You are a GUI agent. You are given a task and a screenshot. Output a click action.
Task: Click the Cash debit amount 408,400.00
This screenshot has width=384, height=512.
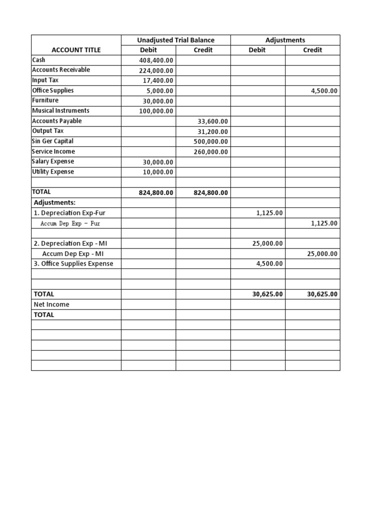(x=156, y=60)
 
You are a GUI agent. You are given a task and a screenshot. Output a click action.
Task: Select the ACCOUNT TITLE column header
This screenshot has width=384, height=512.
(x=76, y=50)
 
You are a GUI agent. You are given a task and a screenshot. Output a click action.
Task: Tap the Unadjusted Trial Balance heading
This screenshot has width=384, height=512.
(x=175, y=40)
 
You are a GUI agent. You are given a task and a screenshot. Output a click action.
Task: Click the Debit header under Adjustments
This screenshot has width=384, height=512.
(x=257, y=50)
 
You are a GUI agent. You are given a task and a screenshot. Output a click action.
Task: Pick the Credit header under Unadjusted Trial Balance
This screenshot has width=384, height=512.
(x=202, y=50)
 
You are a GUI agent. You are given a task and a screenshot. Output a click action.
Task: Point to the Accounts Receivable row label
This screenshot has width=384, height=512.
(x=61, y=70)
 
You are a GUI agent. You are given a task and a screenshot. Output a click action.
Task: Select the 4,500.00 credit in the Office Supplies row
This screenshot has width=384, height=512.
(x=321, y=91)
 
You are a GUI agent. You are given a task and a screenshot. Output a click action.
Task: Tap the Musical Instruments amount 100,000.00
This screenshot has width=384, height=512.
(x=156, y=111)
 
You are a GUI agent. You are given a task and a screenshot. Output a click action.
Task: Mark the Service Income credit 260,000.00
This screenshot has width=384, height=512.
(x=210, y=152)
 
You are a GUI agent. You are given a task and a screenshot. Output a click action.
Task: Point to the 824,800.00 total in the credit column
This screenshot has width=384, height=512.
(x=210, y=192)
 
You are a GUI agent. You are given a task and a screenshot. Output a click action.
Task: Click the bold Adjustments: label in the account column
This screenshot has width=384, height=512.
(x=54, y=202)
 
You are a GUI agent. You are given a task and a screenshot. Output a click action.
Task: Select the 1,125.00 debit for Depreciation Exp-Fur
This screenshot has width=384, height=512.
(x=269, y=213)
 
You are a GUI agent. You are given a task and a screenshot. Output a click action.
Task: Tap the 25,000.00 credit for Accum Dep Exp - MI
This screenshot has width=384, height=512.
(x=321, y=254)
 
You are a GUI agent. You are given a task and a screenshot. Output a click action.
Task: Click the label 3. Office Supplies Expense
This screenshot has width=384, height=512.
(x=73, y=263)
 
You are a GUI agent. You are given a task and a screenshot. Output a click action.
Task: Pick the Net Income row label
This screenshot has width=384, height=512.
(x=51, y=304)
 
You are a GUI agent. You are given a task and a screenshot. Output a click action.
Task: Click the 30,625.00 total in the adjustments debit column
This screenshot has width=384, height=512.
(x=267, y=294)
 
